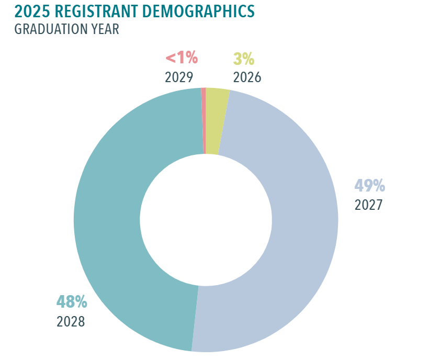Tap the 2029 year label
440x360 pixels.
[179, 77]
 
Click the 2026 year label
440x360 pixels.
[247, 77]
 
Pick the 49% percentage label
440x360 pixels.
[369, 186]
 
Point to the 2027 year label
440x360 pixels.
[369, 204]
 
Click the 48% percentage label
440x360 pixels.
[72, 302]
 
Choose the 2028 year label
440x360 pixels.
[71, 321]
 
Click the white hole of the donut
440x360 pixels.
[206, 220]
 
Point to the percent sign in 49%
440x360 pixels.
[378, 186]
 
